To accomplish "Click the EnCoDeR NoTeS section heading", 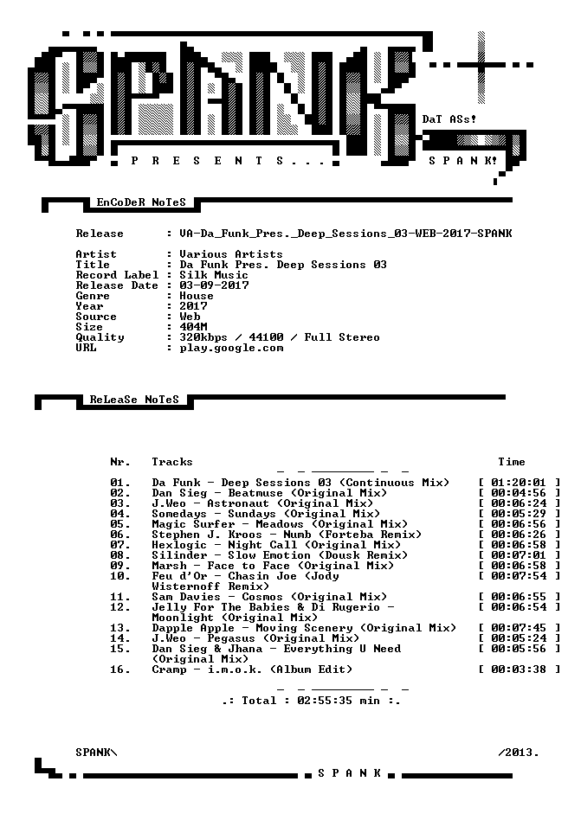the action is [x=141, y=202].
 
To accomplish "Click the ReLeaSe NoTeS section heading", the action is [x=134, y=400].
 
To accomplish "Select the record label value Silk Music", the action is [x=214, y=275].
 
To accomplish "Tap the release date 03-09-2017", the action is [x=214, y=285].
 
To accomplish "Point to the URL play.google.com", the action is [x=231, y=349].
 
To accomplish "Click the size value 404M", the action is [x=193, y=327].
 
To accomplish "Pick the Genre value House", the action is [x=197, y=296].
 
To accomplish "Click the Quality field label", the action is [x=100, y=338].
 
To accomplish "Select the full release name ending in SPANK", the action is [x=345, y=234].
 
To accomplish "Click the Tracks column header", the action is [x=172, y=462].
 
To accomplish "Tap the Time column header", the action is [x=512, y=462].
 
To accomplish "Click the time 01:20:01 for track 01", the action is [x=519, y=483].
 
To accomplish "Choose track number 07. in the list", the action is [x=120, y=545].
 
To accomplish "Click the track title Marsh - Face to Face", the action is [x=221, y=566].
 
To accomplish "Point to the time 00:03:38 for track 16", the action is [x=519, y=669].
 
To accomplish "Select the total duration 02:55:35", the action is [x=325, y=701].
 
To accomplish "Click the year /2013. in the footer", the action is [x=519, y=753].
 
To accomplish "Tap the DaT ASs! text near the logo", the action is [x=449, y=119].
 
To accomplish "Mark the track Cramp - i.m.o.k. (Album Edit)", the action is [x=252, y=669].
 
